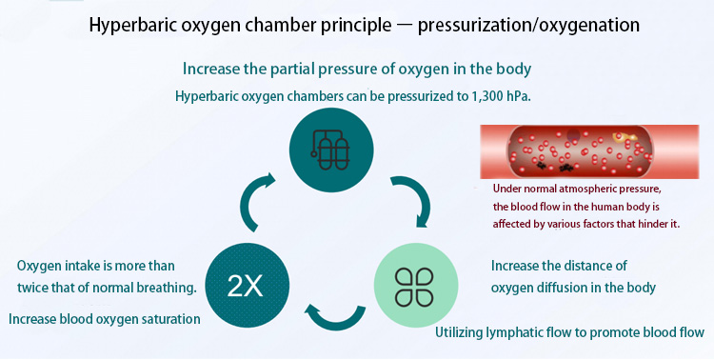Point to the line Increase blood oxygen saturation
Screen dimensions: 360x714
click(x=105, y=319)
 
